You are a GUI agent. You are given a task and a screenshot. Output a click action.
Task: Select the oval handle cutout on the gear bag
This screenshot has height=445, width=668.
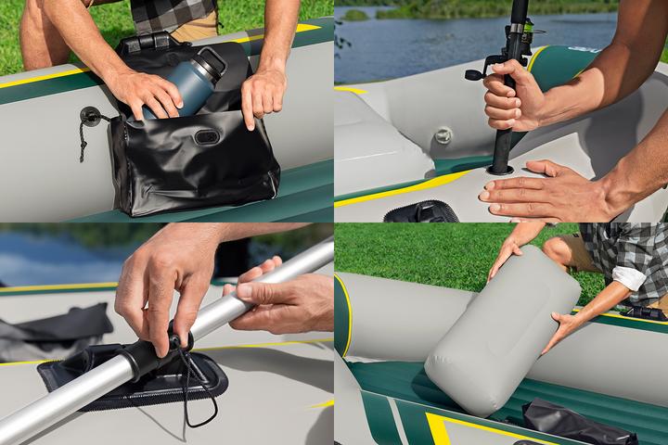coord(206,136)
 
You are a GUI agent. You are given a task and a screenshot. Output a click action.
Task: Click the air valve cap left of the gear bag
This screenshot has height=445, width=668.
coord(90,117)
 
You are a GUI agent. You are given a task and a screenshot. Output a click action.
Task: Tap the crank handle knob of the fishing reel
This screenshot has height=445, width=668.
coord(472,74)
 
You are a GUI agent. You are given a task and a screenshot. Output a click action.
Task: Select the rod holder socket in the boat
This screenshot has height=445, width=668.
coord(500,170)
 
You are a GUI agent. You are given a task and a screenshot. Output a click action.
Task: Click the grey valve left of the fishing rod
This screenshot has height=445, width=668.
coord(443,135)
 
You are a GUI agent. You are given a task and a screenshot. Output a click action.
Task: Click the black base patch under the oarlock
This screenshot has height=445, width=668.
coord(130,380)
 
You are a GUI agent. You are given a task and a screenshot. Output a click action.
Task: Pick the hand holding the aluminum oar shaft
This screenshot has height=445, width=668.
coord(278,301)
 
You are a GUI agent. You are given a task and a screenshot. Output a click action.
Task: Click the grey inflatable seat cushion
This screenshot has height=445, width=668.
coord(501,329)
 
